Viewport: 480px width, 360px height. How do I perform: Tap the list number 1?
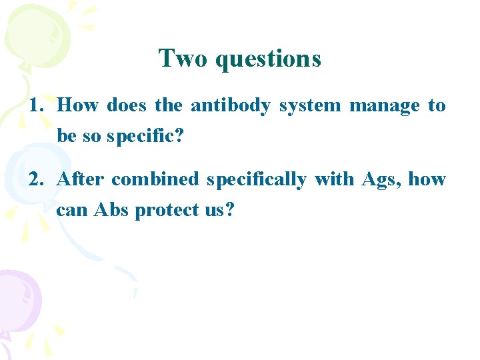[37, 105]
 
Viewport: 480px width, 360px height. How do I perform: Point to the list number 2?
[37, 179]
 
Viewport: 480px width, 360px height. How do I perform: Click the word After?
[81, 179]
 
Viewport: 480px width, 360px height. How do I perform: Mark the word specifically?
[256, 179]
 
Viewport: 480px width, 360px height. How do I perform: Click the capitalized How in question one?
[78, 105]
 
